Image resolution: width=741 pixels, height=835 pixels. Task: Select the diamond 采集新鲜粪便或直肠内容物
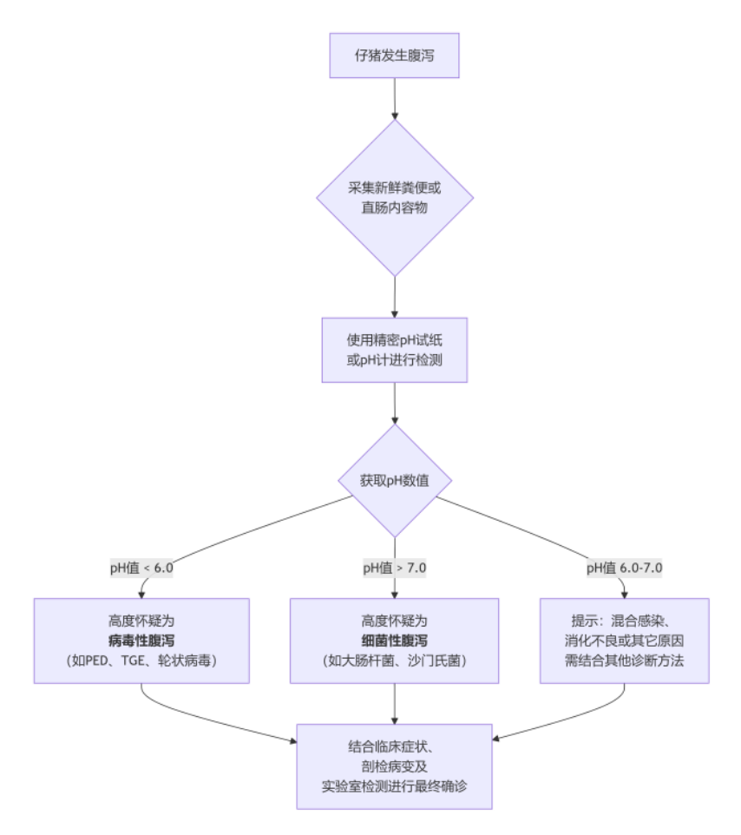coord(395,198)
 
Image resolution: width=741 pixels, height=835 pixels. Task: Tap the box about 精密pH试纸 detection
coord(395,349)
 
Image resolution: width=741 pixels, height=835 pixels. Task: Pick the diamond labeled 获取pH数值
coord(395,480)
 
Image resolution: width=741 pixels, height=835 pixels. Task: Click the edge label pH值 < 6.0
coord(141,569)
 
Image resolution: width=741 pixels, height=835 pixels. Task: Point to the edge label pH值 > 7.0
coord(395,569)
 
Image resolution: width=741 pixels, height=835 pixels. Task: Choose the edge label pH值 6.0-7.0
coord(625,569)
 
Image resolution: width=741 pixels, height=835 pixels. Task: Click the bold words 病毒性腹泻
coord(141,640)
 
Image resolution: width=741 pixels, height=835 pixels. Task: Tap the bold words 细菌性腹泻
coord(395,640)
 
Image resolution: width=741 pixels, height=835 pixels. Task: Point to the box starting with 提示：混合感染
coord(625,640)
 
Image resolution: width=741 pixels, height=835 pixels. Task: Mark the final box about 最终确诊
coord(395,766)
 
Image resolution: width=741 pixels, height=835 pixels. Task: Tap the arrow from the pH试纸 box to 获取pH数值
coord(395,404)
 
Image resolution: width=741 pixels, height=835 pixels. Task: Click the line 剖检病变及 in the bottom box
coord(395,766)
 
